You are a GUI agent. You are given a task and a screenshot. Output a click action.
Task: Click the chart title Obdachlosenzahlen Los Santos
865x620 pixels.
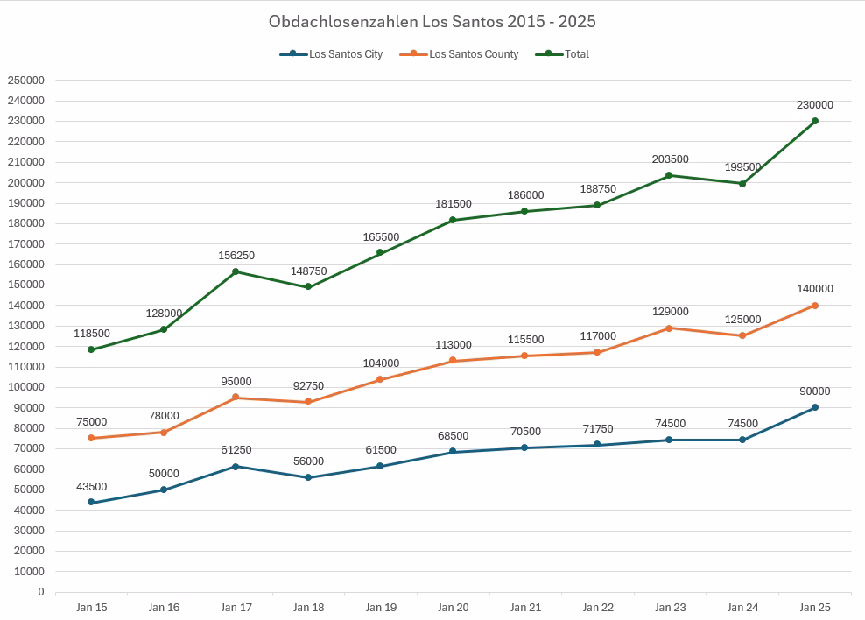click(432, 21)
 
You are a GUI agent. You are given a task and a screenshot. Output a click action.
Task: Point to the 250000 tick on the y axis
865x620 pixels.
click(25, 80)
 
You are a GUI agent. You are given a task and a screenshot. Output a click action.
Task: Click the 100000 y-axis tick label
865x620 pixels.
click(25, 387)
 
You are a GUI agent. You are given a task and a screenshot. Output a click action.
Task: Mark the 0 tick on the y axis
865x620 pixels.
click(40, 592)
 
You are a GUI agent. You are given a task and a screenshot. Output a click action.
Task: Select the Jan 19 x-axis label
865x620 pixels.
click(381, 607)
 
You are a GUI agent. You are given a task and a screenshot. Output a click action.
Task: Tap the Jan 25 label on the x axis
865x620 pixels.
click(815, 607)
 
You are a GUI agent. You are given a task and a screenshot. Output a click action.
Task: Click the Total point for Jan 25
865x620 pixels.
click(815, 121)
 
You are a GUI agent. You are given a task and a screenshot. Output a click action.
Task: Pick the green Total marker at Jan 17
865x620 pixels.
click(236, 271)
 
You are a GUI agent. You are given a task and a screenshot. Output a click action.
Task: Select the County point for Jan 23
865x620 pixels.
click(670, 328)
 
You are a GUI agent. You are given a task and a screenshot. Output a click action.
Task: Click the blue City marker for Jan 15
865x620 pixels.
click(91, 503)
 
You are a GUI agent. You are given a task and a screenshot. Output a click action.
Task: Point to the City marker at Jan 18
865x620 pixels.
click(308, 477)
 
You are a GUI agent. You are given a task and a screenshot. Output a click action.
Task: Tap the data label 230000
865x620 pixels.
click(815, 105)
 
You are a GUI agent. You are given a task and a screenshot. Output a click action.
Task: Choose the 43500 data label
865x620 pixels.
click(91, 487)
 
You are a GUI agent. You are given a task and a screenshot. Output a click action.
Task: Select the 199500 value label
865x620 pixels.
click(742, 167)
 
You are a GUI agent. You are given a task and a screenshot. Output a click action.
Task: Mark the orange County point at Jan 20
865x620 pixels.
click(453, 361)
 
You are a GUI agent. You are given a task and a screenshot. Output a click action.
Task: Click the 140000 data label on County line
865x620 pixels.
click(815, 289)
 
